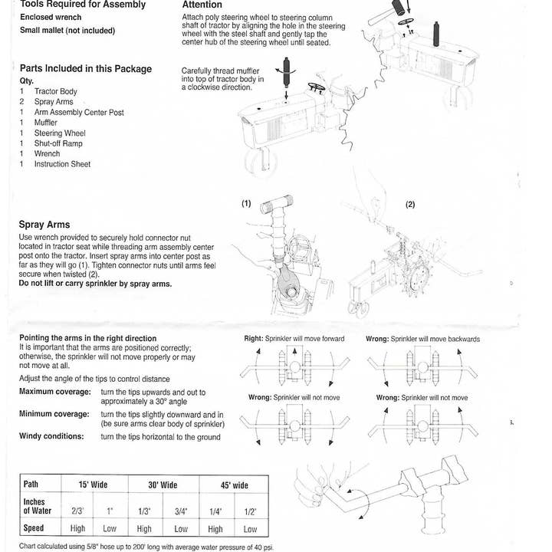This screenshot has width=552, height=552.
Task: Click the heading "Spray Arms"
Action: [x=44, y=225]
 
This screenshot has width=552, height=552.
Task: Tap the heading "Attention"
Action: [x=202, y=5]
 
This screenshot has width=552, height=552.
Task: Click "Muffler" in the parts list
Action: [x=46, y=123]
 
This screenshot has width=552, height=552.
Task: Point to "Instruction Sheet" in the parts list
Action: [x=62, y=164]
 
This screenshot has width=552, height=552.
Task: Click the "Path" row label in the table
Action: [x=31, y=485]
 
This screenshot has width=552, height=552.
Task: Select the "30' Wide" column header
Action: [x=163, y=485]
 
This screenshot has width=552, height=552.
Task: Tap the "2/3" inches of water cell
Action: [x=77, y=511]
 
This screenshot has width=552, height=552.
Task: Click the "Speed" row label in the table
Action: [x=34, y=528]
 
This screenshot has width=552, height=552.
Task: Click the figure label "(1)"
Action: [x=246, y=204]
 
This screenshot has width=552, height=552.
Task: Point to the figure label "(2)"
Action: [x=410, y=205]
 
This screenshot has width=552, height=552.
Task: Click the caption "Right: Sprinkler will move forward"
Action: [x=294, y=338]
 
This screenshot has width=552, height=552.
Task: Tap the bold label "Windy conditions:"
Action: [x=51, y=436]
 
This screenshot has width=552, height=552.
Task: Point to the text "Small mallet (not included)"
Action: [x=67, y=31]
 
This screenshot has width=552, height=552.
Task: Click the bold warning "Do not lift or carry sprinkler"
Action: [x=95, y=284]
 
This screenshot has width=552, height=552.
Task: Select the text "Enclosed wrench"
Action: [x=51, y=16]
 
